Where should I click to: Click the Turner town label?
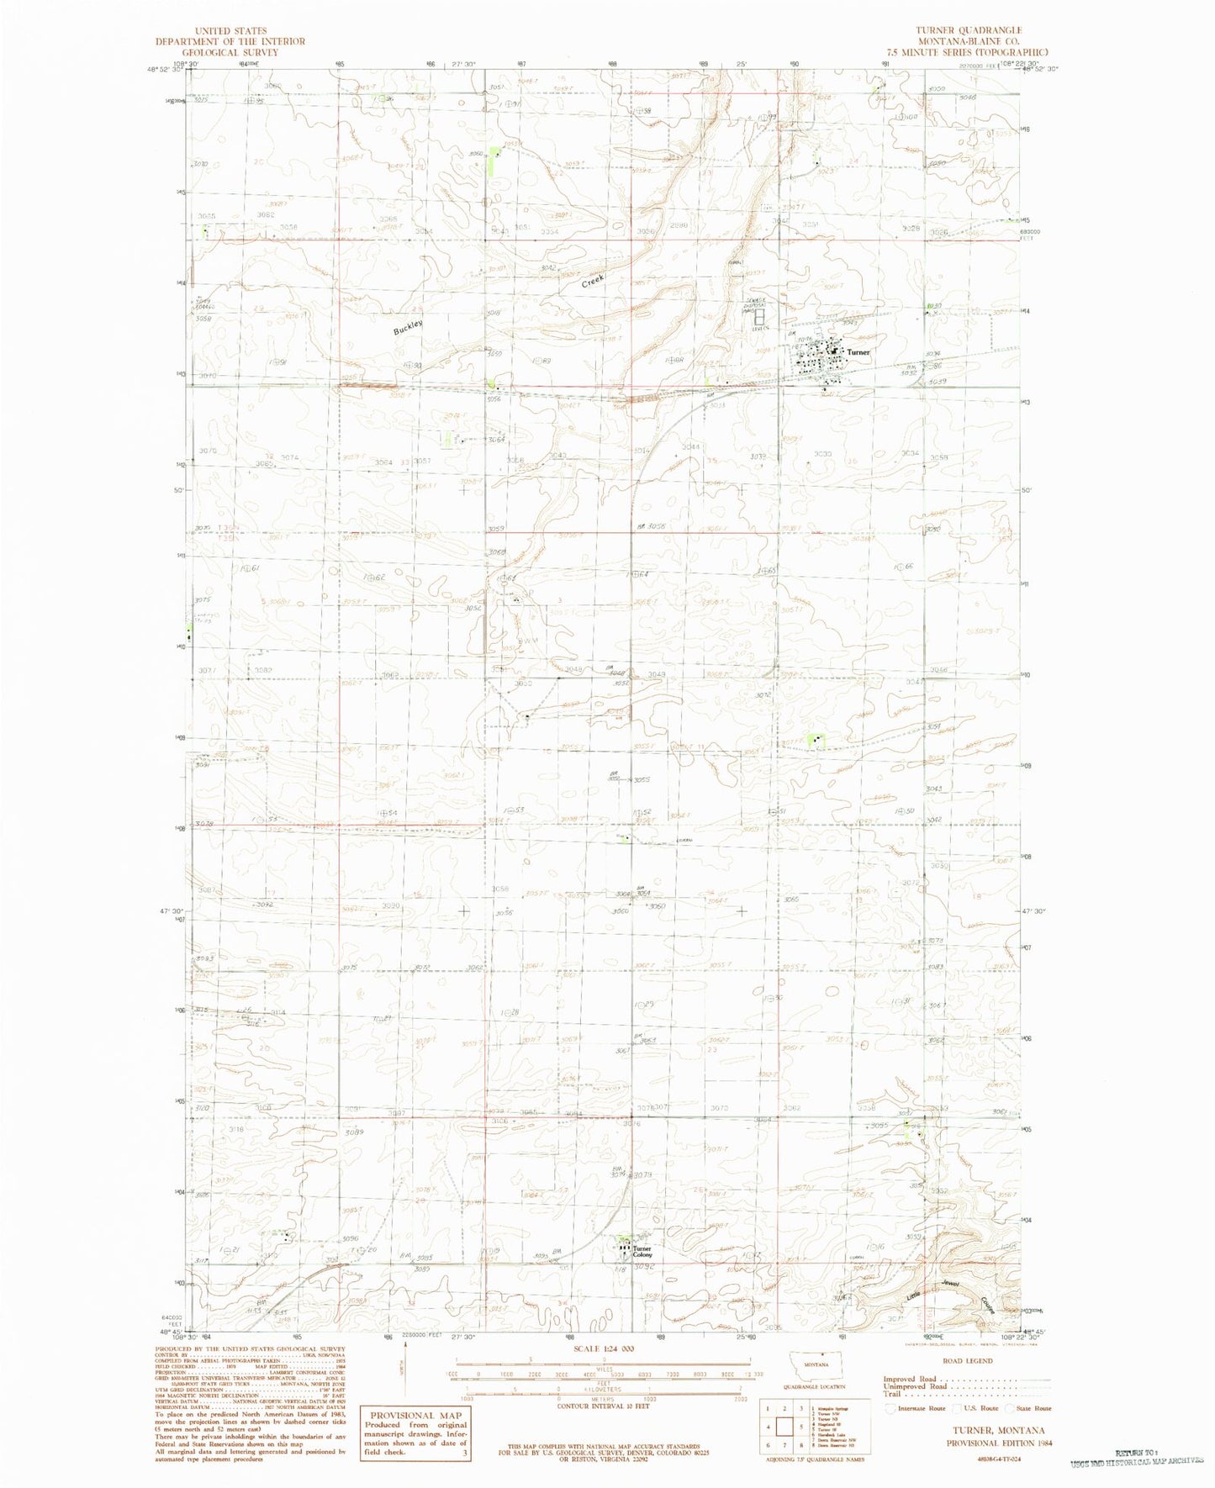point(858,353)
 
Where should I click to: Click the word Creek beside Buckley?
point(594,280)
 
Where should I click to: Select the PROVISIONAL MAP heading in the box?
point(414,1415)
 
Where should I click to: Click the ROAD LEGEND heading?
point(967,1360)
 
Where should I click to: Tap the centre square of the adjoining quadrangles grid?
point(788,1427)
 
